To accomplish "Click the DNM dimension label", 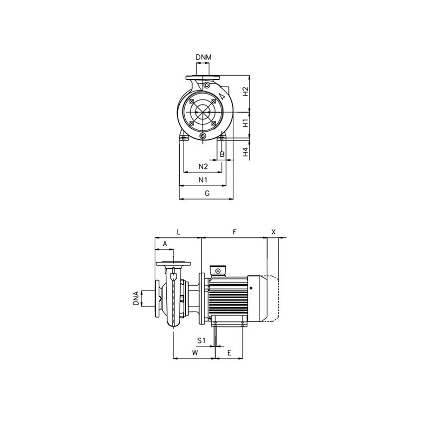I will tap(203, 58).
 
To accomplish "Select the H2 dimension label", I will tap(245, 92).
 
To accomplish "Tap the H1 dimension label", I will tap(245, 123).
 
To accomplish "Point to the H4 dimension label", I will tap(245, 152).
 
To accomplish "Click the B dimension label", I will tap(222, 155).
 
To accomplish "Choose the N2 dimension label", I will tap(203, 166).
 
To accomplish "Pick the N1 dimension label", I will tap(203, 179).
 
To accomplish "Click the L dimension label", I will tap(178, 232).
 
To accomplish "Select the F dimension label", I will tap(234, 232).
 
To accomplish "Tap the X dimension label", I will tap(273, 232).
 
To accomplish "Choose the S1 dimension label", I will tap(201, 340).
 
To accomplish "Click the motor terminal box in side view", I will tap(217, 270).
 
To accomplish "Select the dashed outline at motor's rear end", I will tap(273, 299).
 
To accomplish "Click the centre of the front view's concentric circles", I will tap(203, 112).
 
